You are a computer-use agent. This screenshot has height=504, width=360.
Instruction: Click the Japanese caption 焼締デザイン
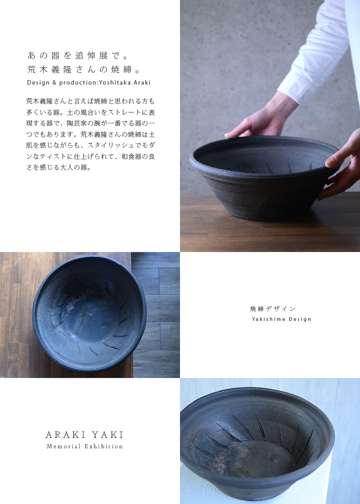click(273, 309)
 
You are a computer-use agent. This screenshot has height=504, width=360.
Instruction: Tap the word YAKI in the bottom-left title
click(108, 435)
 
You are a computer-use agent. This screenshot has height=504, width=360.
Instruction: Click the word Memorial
click(63, 446)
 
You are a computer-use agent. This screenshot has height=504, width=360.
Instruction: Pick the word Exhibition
click(103, 446)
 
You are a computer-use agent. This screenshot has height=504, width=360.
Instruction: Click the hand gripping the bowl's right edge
click(341, 167)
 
